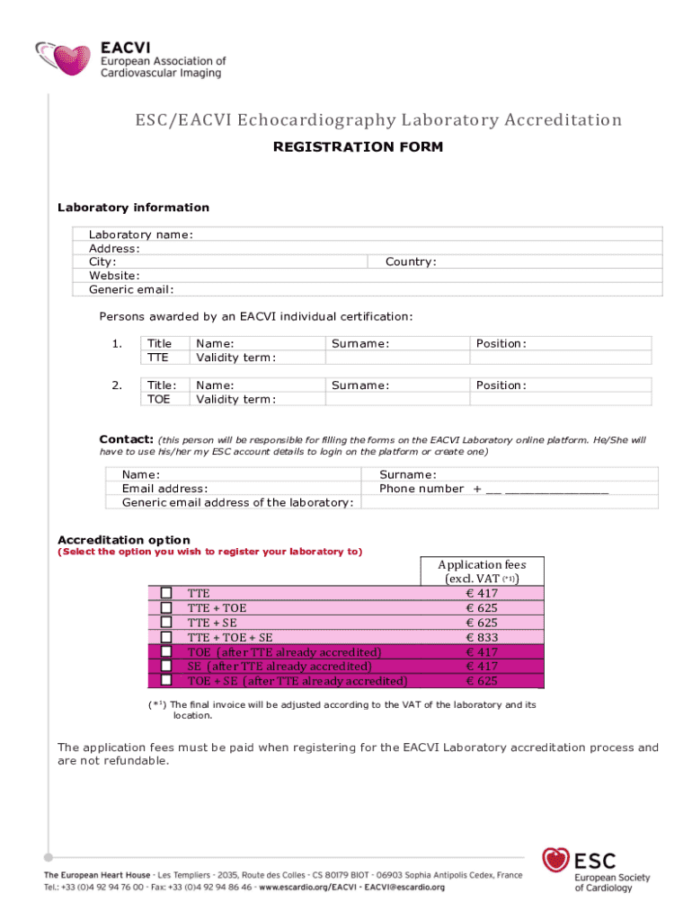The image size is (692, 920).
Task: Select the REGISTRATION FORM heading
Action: [x=358, y=146]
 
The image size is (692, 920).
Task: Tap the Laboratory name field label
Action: [x=140, y=234]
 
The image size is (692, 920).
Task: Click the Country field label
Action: [x=410, y=261]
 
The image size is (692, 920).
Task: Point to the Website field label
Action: [x=113, y=275]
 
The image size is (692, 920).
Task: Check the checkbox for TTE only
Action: [x=166, y=593]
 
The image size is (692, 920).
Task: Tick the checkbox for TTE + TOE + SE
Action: [x=166, y=637]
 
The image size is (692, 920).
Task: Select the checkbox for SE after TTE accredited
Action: [x=166, y=666]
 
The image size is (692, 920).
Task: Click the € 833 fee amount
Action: [x=482, y=637]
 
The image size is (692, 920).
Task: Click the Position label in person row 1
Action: [x=501, y=343]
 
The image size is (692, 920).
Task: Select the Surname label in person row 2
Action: [x=359, y=385]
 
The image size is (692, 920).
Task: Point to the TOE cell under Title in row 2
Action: [x=158, y=399]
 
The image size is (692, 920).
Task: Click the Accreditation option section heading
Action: [x=123, y=540]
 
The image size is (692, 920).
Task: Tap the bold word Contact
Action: [x=126, y=439]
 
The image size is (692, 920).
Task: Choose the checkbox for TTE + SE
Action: [x=166, y=623]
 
